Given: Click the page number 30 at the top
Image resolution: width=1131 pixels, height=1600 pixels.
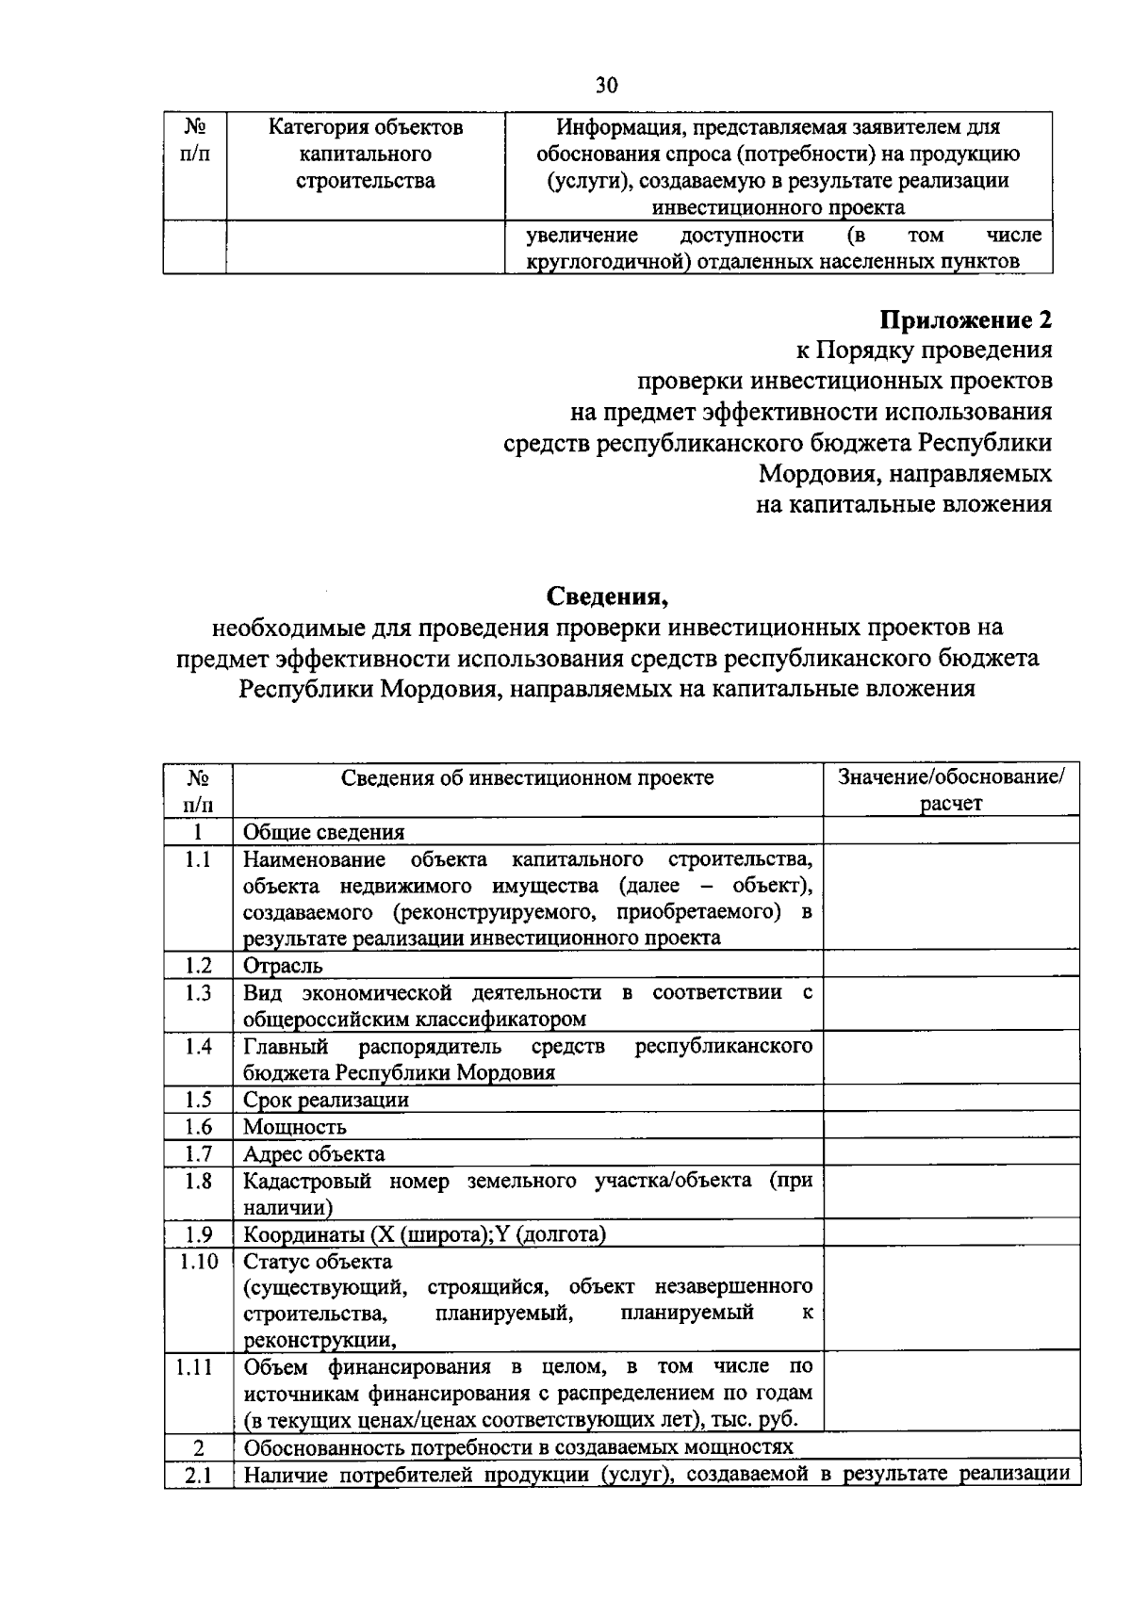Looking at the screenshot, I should pyautogui.click(x=606, y=86).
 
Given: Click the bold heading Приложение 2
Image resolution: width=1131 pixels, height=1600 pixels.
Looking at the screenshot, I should pyautogui.click(x=965, y=319).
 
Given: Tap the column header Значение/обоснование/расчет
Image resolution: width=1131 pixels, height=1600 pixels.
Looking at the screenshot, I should pyautogui.click(x=951, y=790).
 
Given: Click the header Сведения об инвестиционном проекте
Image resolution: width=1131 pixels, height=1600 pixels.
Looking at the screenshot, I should pyautogui.click(x=527, y=777).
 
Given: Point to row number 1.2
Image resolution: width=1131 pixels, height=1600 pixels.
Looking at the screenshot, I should pyautogui.click(x=198, y=965).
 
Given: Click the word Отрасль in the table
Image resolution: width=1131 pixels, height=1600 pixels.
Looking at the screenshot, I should pyautogui.click(x=283, y=966).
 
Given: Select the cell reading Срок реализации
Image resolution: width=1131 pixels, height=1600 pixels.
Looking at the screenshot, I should pyautogui.click(x=326, y=1100).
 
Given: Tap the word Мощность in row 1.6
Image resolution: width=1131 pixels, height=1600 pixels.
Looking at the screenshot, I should pyautogui.click(x=295, y=1127).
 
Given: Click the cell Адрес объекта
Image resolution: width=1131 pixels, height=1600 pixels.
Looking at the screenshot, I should pyautogui.click(x=314, y=1153).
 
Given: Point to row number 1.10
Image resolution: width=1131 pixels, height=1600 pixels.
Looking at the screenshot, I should pyautogui.click(x=199, y=1261).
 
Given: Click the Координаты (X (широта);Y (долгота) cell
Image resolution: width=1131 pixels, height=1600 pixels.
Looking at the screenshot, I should pyautogui.click(x=425, y=1234).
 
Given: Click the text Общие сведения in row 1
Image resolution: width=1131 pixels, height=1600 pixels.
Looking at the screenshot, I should pyautogui.click(x=323, y=832).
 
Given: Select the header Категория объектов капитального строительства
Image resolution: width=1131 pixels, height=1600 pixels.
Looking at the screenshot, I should pyautogui.click(x=366, y=154).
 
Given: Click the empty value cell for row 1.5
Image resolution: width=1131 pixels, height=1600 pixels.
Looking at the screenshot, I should pyautogui.click(x=951, y=1100).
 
